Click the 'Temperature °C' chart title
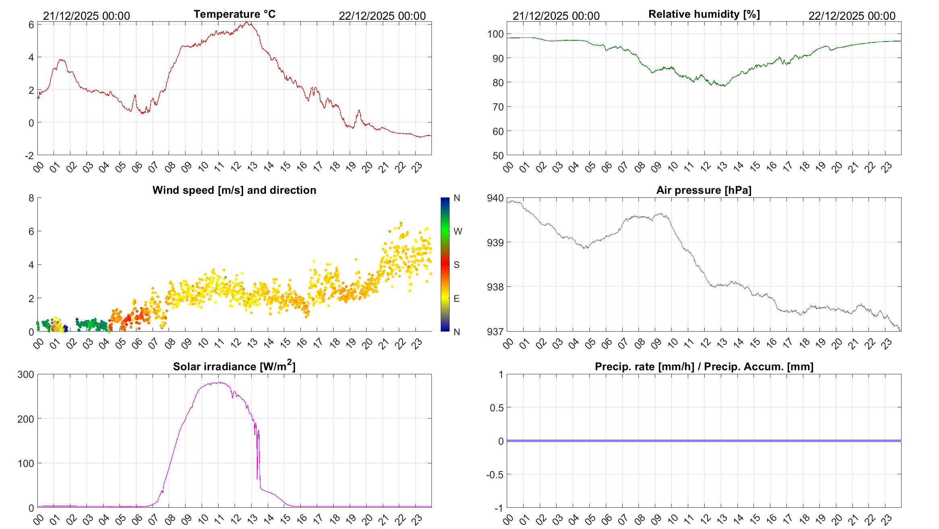tap(234, 14)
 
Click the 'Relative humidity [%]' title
tap(704, 14)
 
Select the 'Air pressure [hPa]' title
tap(704, 190)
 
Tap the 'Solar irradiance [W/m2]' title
tap(234, 366)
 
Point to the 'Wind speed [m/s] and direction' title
tap(234, 190)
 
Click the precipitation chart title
tap(704, 367)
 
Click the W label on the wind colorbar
tap(458, 231)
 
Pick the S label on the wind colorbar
tap(456, 265)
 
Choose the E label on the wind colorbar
tap(456, 299)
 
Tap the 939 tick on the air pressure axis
tap(495, 243)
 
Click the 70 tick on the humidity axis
tap(498, 107)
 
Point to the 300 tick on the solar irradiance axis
tap(26, 375)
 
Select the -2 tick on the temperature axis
tap(29, 156)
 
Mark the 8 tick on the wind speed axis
tap(31, 198)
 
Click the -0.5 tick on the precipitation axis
tap(495, 475)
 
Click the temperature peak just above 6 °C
tap(247, 23)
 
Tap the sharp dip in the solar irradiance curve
tap(257, 479)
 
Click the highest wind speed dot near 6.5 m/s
tap(400, 223)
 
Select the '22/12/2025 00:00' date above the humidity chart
tap(852, 16)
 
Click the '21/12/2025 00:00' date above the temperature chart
tap(87, 16)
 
